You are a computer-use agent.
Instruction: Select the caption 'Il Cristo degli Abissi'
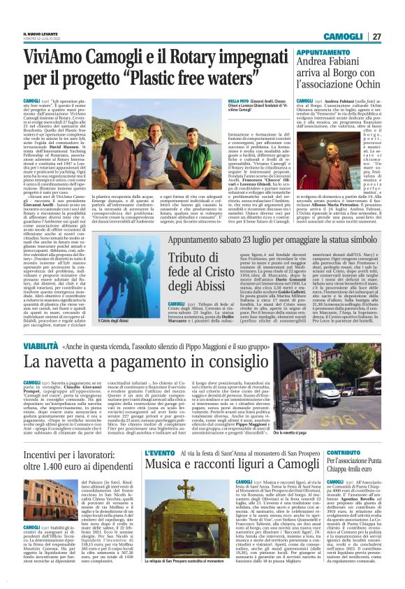pyautogui.click(x=67, y=320)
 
